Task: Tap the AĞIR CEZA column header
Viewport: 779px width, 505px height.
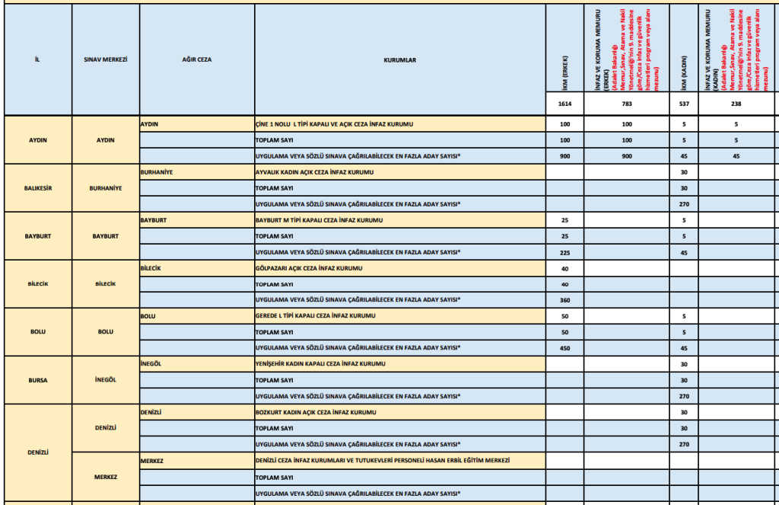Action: click(x=196, y=59)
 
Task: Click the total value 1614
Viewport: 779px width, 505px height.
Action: click(x=565, y=104)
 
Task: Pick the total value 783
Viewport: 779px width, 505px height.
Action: click(x=626, y=104)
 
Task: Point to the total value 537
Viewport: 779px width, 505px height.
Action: click(x=684, y=104)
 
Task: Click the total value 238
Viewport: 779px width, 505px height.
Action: click(x=736, y=104)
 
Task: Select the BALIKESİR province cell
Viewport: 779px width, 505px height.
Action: click(x=37, y=188)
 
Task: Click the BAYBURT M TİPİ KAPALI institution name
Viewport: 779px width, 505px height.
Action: click(x=319, y=220)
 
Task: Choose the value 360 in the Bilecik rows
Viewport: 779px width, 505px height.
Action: click(x=565, y=300)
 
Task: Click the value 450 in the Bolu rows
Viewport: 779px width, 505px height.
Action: click(x=565, y=348)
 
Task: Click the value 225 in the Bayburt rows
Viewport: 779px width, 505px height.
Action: click(x=565, y=252)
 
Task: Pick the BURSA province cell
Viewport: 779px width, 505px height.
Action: click(x=37, y=379)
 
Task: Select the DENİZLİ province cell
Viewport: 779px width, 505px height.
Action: click(x=37, y=452)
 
